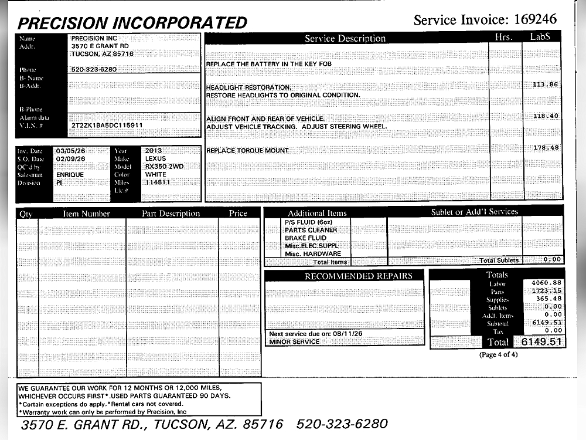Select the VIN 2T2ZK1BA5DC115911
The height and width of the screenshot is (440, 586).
[107, 126]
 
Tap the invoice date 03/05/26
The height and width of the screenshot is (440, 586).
[71, 151]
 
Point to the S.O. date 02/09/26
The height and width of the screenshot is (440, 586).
[71, 158]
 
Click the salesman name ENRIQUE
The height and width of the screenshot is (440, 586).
[70, 175]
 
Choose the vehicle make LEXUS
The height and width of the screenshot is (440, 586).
[155, 158]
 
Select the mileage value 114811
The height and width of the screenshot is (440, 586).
[158, 182]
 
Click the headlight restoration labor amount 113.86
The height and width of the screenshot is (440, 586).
[545, 84]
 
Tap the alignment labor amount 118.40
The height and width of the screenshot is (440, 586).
[545, 116]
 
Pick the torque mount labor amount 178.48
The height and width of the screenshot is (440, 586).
[545, 148]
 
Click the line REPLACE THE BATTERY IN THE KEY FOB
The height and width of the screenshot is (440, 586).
[273, 63]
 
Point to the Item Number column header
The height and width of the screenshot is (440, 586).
[86, 214]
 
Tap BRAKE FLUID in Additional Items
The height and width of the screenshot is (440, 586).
[305, 238]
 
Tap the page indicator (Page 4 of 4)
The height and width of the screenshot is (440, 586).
[498, 355]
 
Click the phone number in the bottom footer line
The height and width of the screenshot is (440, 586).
[342, 424]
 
